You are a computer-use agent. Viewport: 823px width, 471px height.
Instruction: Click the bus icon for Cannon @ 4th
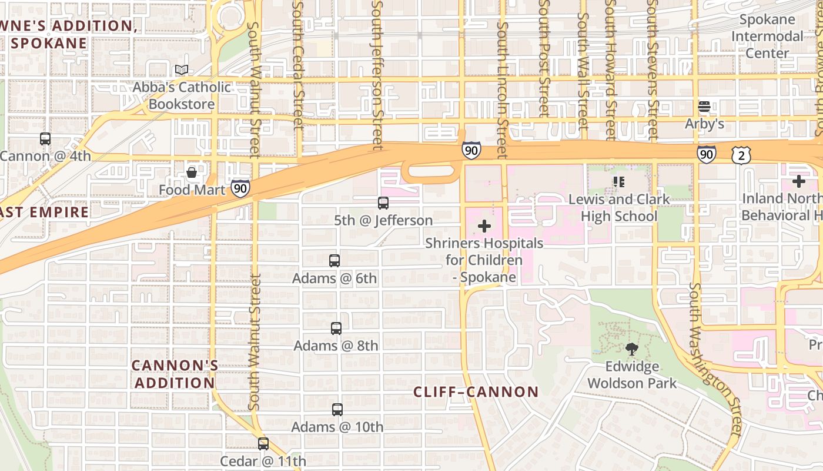(45, 139)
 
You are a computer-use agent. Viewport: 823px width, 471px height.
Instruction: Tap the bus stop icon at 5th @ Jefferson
(383, 203)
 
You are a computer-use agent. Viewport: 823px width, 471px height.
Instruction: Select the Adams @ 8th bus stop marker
(336, 329)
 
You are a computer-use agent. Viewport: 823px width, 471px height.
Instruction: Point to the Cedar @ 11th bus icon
(263, 444)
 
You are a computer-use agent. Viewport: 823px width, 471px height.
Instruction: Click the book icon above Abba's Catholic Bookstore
(182, 70)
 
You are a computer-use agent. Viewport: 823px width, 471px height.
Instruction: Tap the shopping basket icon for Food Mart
(192, 173)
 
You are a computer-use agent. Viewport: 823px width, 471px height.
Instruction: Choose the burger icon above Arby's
(704, 107)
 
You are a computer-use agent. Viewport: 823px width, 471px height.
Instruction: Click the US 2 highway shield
(741, 155)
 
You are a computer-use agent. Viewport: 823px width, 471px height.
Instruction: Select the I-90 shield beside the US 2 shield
(707, 155)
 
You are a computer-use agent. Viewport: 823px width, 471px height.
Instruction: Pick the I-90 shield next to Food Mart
(240, 188)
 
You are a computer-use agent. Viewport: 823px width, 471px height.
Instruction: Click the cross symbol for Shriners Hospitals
(484, 226)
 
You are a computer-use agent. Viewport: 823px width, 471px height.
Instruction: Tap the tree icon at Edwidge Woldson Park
(632, 349)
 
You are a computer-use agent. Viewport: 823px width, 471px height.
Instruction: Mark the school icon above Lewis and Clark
(618, 182)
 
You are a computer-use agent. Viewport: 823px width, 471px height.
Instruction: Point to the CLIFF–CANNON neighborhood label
(476, 392)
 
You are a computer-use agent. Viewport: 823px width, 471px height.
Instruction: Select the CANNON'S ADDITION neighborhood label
(174, 374)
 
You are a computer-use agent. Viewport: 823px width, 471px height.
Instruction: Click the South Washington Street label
(716, 359)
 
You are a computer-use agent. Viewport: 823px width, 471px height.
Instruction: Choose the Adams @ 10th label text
(337, 427)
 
